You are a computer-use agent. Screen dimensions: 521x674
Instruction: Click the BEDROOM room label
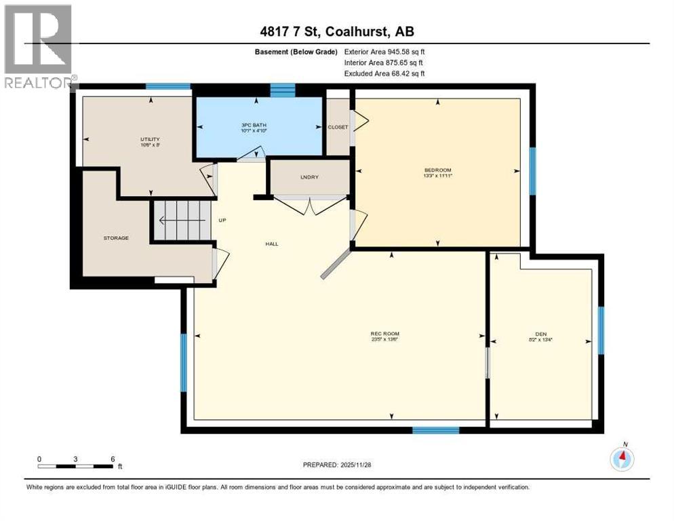click(x=437, y=170)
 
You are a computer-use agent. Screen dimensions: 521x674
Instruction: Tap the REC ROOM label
click(x=384, y=334)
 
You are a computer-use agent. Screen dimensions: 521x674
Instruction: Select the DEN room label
click(x=540, y=334)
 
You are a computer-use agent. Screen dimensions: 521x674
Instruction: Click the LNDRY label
click(x=309, y=177)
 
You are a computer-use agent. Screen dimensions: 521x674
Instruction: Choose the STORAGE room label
click(x=116, y=238)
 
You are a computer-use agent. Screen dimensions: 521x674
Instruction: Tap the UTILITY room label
click(x=149, y=139)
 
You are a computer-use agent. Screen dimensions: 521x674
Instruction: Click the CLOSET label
click(x=337, y=127)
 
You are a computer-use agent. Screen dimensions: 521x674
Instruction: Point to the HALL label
click(x=272, y=244)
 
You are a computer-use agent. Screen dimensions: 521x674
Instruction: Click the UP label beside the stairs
click(x=222, y=220)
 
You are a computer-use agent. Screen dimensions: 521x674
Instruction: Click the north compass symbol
click(x=622, y=459)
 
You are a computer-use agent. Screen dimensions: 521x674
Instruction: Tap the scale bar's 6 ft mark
click(x=113, y=459)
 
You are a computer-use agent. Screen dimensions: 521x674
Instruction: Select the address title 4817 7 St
click(x=337, y=31)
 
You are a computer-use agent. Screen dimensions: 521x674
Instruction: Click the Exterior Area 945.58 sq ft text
click(x=384, y=52)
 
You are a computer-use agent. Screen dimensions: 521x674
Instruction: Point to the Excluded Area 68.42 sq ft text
click(x=384, y=73)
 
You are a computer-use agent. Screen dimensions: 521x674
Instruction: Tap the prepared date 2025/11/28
click(x=337, y=465)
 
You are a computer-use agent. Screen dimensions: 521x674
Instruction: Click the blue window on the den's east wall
click(x=601, y=330)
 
